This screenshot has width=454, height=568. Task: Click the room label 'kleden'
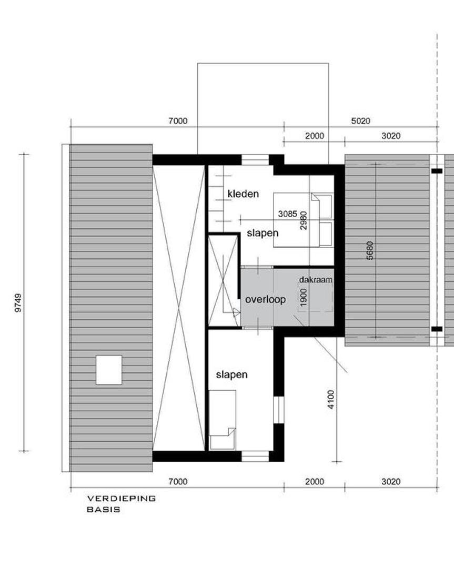pyautogui.click(x=243, y=194)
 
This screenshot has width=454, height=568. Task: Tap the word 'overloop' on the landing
pyautogui.click(x=265, y=300)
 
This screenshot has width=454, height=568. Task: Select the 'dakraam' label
pyautogui.click(x=316, y=280)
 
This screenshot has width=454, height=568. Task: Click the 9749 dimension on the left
pyautogui.click(x=18, y=303)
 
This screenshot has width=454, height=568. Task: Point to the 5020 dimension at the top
pyautogui.click(x=360, y=120)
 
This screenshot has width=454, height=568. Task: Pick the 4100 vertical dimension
pyautogui.click(x=331, y=399)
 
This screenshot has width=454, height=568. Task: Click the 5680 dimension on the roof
pyautogui.click(x=370, y=250)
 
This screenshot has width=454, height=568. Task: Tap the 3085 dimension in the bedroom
pyautogui.click(x=288, y=214)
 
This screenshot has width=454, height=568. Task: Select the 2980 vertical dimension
pyautogui.click(x=304, y=220)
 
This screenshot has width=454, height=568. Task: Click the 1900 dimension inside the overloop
pyautogui.click(x=304, y=297)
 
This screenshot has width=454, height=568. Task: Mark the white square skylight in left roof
pyautogui.click(x=109, y=370)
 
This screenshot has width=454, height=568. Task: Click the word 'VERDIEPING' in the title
pyautogui.click(x=122, y=499)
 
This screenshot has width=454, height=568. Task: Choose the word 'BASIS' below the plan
pyautogui.click(x=103, y=510)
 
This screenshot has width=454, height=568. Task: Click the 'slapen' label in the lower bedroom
pyautogui.click(x=231, y=374)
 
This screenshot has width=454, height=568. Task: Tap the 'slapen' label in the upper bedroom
pyautogui.click(x=263, y=233)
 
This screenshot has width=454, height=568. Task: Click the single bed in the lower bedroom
pyautogui.click(x=223, y=420)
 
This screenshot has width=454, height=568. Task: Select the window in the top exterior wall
pyautogui.click(x=255, y=160)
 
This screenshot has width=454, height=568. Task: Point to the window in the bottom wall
pyautogui.click(x=255, y=456)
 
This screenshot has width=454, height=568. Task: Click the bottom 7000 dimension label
pyautogui.click(x=178, y=481)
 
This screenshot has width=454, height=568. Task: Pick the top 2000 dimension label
pyautogui.click(x=315, y=136)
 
